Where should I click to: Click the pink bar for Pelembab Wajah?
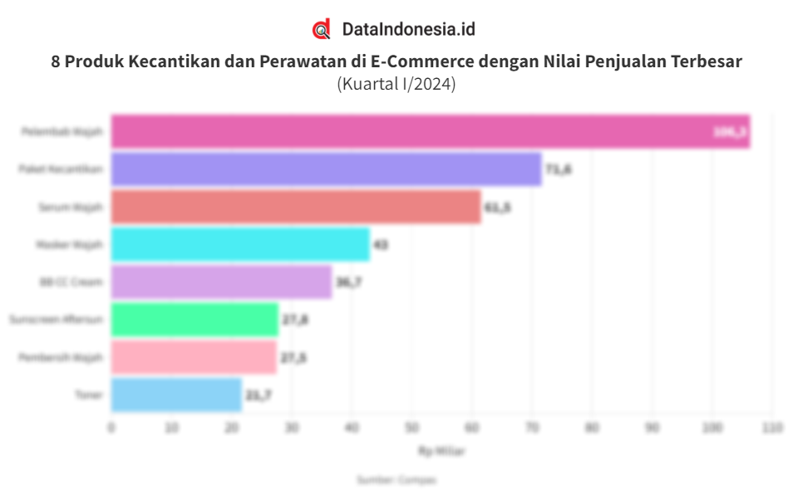431,132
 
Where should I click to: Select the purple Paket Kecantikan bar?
326,169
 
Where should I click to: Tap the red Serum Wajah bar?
296,207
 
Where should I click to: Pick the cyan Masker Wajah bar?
240,245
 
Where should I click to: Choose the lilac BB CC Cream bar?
221,282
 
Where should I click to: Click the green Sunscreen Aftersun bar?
195,320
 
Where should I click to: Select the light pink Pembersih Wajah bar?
194,357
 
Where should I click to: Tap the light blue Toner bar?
176,395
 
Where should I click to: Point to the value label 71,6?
559,169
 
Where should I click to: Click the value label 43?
381,245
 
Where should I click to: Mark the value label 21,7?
259,395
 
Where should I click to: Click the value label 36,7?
348,282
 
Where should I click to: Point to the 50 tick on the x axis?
411,428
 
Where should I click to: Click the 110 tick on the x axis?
772,428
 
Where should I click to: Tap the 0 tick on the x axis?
111,428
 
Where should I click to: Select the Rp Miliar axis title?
441,452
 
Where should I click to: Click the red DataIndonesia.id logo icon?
322,29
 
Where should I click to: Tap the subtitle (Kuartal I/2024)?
396,84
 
